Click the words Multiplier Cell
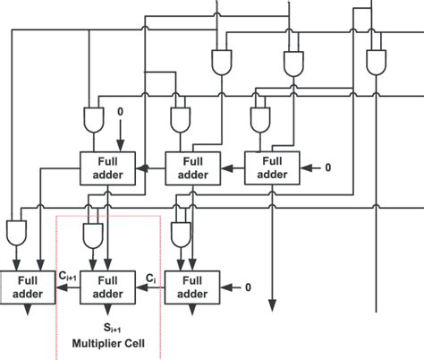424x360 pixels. tap(107, 342)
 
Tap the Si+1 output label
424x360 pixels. tap(107, 328)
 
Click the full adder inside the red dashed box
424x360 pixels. tap(107, 286)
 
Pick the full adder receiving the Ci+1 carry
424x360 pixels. tap(23, 286)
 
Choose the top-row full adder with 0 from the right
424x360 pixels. tap(272, 167)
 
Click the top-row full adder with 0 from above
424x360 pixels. tap(107, 167)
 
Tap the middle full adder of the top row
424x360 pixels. tap(190, 167)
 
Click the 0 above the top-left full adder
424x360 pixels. tap(121, 112)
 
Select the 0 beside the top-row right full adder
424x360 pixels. tap(327, 167)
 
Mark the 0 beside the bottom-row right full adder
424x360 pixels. tap(249, 287)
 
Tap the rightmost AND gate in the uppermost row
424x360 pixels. tap(375, 61)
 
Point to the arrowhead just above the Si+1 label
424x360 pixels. tap(107, 311)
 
